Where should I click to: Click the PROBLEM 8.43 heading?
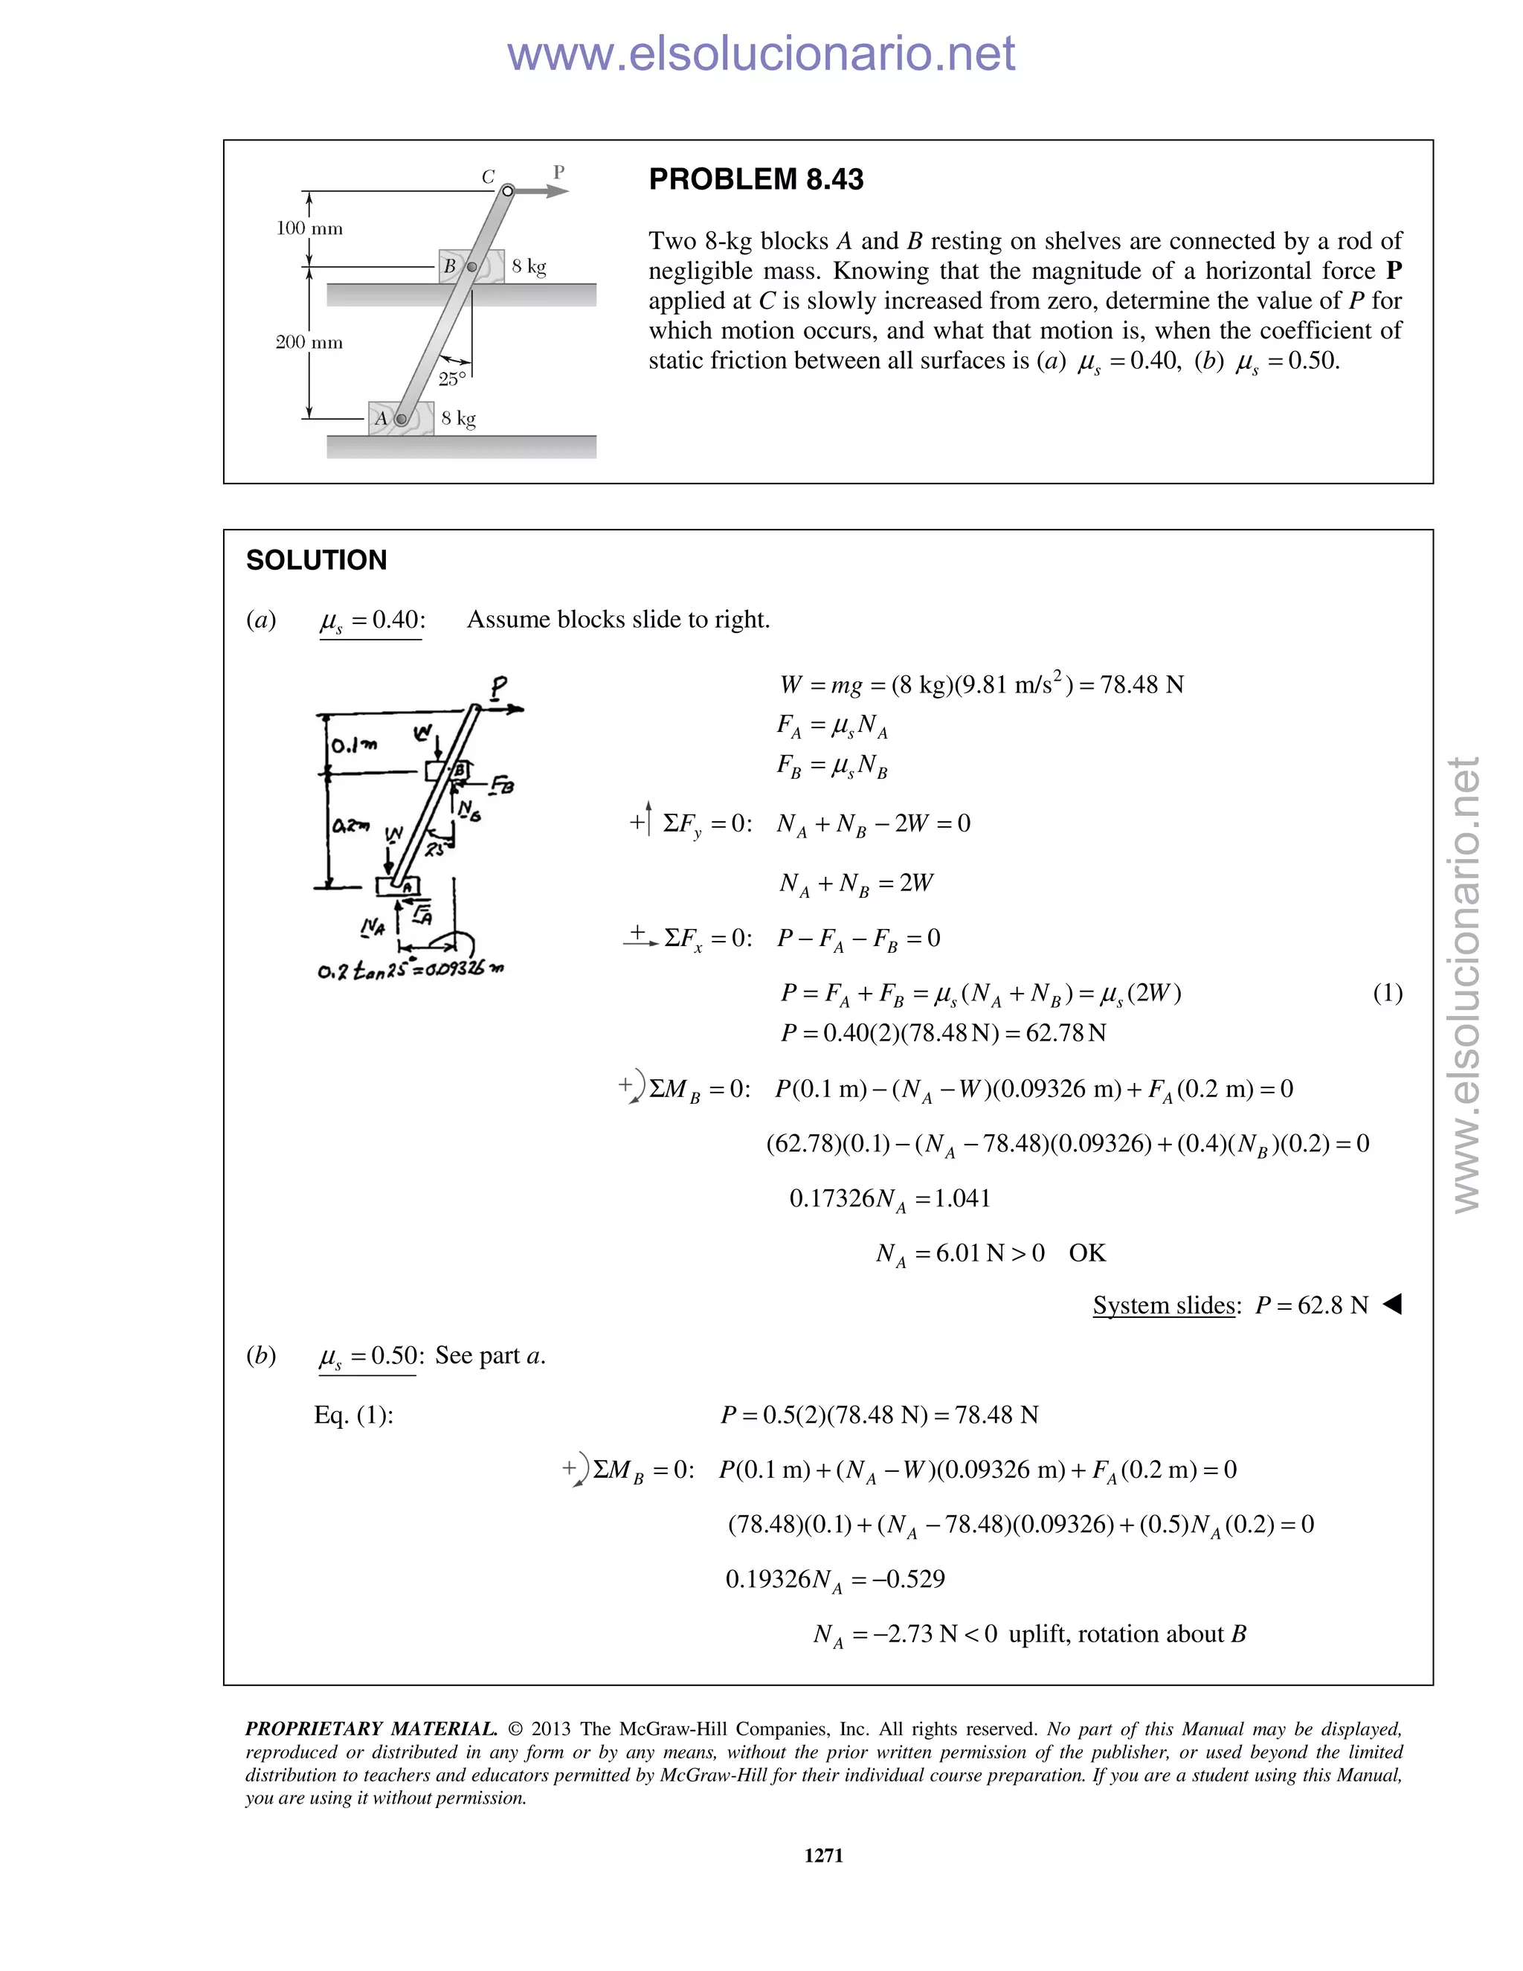[756, 179]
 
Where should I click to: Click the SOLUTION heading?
[316, 561]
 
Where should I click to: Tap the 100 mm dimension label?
[309, 228]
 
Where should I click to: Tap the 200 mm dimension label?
[309, 342]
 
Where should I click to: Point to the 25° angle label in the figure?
[452, 379]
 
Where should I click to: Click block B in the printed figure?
[471, 266]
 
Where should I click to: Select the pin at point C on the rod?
[508, 190]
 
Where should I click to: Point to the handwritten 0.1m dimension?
[354, 745]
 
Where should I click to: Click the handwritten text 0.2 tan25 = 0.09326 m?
[410, 970]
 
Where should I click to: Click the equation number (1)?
[1387, 993]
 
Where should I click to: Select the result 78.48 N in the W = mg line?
[1142, 685]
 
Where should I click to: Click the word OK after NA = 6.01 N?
[1086, 1253]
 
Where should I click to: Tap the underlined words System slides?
[1163, 1305]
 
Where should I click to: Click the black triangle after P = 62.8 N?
[1391, 1303]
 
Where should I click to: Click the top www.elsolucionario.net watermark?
[761, 54]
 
